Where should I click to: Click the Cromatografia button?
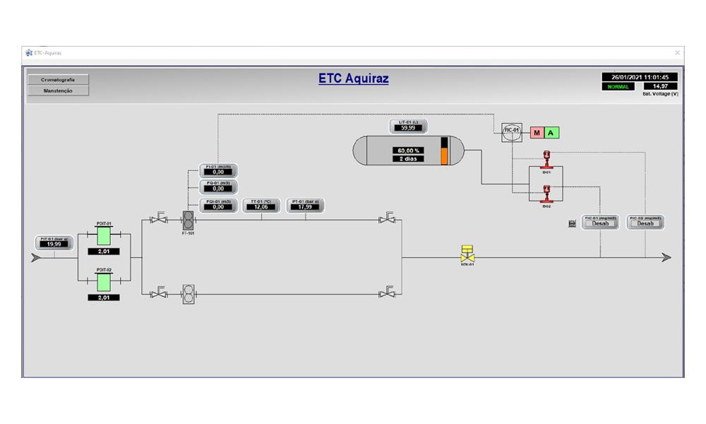[58, 80]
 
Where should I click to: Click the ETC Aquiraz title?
[353, 78]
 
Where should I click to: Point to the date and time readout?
[640, 77]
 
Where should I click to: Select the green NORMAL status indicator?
[618, 86]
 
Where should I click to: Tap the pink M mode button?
[537, 132]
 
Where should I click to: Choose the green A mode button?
[551, 132]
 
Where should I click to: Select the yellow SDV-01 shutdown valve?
[467, 253]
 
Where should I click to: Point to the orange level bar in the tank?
[444, 155]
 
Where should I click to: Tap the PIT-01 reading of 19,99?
[55, 244]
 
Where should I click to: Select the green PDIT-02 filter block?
[104, 282]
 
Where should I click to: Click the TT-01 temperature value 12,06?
[262, 207]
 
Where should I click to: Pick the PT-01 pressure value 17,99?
[306, 207]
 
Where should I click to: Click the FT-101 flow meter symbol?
[188, 219]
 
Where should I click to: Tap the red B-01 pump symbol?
[546, 157]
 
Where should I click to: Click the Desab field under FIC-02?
[645, 224]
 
